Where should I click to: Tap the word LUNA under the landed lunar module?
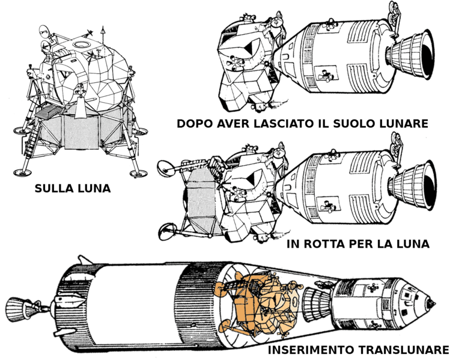94,189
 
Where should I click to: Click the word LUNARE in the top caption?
403,124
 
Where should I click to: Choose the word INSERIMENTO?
311,350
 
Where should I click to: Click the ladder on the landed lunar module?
32,141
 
